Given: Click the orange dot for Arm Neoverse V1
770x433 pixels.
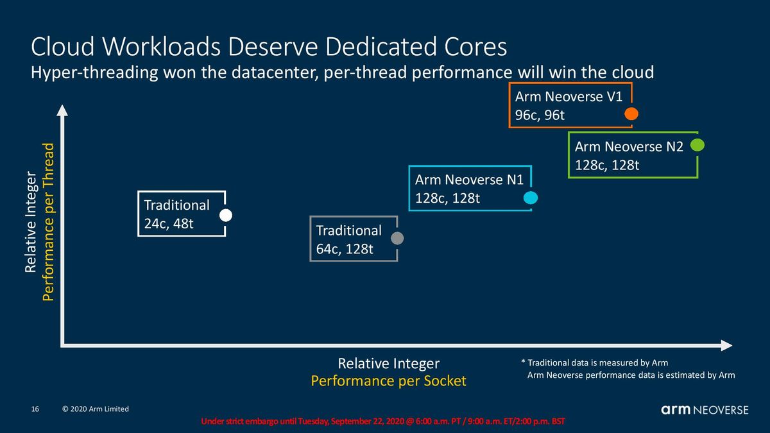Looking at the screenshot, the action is coord(631,114).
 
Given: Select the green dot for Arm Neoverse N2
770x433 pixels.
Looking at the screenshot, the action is coord(697,145).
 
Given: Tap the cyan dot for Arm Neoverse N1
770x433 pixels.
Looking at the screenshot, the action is coord(531,198).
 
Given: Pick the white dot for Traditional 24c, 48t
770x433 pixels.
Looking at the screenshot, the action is coord(225,216).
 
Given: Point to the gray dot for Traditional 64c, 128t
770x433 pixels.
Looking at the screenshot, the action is coord(397,238).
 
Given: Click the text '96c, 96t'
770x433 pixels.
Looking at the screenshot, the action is coord(540,115).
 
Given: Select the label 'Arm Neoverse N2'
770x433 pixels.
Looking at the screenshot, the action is coord(629,147).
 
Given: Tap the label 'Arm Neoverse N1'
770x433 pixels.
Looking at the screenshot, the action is coord(469,180).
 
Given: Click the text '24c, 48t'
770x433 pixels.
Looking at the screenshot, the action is coord(169,224).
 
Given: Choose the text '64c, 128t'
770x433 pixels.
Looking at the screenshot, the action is coord(345,249).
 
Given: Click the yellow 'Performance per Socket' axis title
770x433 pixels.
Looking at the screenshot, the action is coord(388,381).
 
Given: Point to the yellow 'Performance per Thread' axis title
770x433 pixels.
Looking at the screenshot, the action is coord(48,222).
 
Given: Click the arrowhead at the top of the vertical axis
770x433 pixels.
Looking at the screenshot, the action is coord(62,110).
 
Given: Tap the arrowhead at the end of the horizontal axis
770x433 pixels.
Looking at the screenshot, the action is coord(726,345).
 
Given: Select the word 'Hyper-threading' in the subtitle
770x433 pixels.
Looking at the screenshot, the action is coord(94,73).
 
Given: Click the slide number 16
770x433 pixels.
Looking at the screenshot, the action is coord(35,409).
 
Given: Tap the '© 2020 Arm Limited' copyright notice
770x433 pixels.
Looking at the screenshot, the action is coord(95,409).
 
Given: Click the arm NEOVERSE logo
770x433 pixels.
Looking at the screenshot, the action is coord(705,410).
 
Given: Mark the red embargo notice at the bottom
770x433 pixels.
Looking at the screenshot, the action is coord(383,421).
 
